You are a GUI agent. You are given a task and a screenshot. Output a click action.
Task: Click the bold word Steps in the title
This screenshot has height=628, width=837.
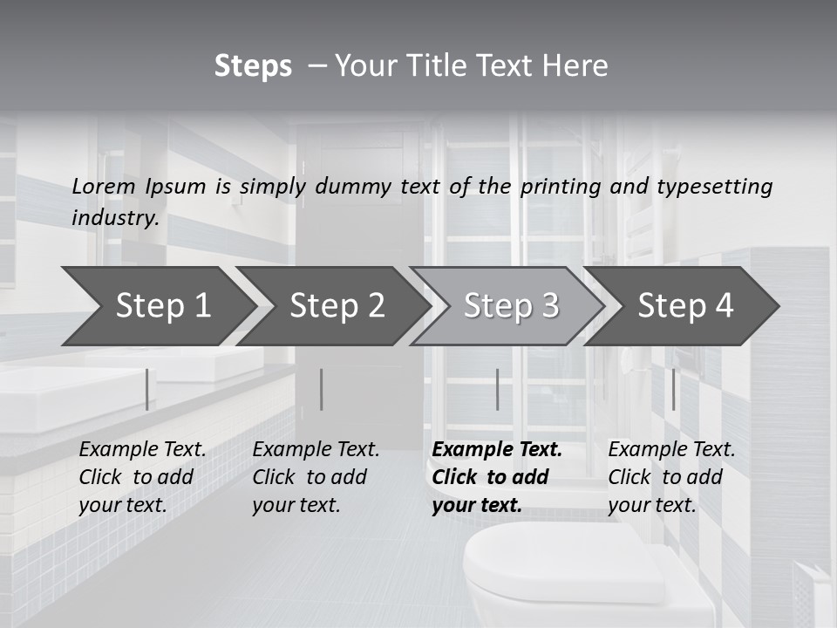pos(253,66)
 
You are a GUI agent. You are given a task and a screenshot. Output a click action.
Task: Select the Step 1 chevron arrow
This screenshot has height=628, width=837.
pos(157,305)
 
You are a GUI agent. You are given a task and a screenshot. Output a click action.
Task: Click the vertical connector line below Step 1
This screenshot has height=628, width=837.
pos(146,389)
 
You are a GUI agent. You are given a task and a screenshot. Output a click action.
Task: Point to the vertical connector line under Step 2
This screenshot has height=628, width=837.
pos(321,389)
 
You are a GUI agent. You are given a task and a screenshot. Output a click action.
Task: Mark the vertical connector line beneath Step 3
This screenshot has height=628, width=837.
pos(497,389)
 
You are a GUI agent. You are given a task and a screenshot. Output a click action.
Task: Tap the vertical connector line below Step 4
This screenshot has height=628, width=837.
pos(673,389)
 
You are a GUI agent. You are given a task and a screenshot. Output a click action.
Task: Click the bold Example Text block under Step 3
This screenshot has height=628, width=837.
pos(497,477)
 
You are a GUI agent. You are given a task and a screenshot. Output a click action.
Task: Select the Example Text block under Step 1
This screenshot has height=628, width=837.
pos(142,477)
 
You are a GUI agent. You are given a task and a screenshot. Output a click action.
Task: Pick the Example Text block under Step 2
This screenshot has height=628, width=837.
pos(316,477)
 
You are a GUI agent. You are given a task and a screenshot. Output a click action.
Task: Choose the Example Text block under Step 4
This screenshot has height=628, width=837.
pos(671,477)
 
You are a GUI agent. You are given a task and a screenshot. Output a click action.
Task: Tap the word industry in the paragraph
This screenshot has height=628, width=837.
pos(114,218)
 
